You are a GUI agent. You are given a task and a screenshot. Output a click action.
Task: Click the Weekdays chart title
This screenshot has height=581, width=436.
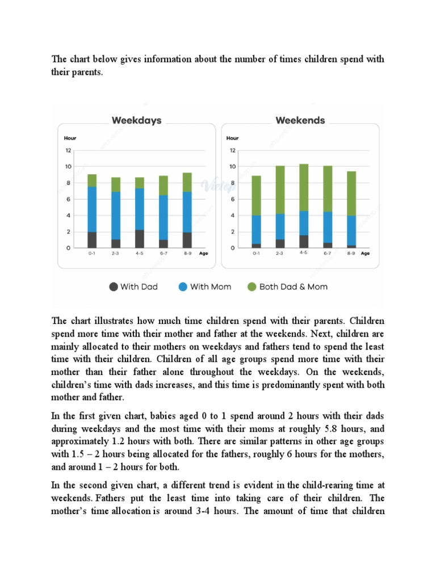coord(136,120)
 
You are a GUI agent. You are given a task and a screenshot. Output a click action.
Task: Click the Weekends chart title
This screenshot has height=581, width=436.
coord(300,120)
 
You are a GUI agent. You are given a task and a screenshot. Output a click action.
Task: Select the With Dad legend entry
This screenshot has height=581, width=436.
coord(133,287)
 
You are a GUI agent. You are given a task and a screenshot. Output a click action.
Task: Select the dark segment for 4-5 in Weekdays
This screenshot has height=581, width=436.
coord(140,238)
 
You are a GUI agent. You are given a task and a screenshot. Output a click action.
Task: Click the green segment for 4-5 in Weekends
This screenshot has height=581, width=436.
coord(304,187)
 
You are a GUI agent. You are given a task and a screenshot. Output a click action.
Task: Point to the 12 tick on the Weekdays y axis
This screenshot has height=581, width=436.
coord(68,150)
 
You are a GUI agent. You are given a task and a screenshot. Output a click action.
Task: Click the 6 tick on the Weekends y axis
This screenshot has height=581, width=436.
coord(232,199)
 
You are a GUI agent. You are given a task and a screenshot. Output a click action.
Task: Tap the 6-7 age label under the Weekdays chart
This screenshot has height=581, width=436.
coord(163,254)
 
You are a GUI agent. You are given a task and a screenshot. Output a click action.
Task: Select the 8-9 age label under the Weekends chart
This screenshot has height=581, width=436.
coord(351,254)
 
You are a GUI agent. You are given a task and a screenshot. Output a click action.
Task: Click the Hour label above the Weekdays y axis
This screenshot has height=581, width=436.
coord(70,138)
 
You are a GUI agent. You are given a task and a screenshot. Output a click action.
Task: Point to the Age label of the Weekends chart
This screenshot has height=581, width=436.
coord(365,254)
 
